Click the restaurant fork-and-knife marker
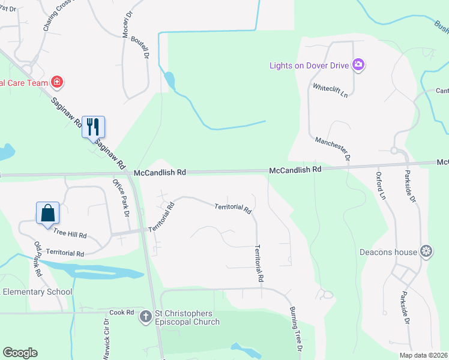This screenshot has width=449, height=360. tap(93, 127)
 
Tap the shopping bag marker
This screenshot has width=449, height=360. tap(47, 213)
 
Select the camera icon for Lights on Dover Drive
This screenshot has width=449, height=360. tap(358, 65)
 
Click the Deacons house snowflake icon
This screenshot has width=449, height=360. tap(426, 251)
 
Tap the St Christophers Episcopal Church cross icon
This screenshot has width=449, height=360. tap(145, 316)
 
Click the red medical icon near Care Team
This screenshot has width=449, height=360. tap(57, 82)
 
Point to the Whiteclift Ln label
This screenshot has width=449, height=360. tap(330, 90)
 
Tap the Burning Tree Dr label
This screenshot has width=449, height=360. tap(295, 329)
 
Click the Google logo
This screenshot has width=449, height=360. tap(20, 353)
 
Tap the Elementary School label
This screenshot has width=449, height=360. tap(37, 292)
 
